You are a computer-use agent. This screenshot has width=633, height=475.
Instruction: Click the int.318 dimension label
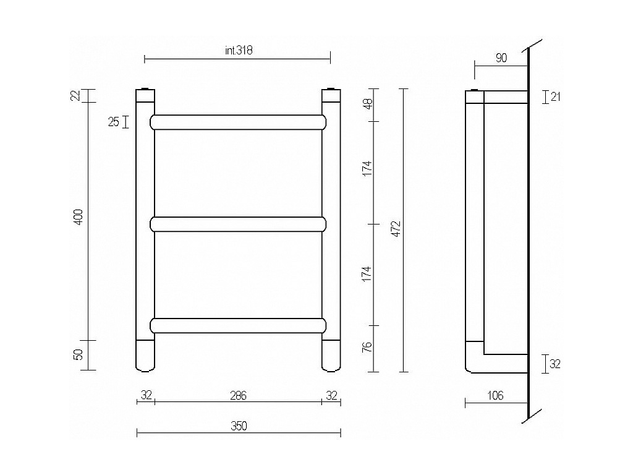point(239,51)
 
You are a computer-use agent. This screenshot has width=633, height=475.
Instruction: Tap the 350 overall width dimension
point(239,426)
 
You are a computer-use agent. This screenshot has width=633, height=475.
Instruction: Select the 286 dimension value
point(238,396)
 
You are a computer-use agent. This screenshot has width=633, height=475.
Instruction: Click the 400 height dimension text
point(79,217)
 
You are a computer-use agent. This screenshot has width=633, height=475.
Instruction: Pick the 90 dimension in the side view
point(501,58)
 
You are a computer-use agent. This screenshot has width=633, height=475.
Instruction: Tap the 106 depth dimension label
point(495,395)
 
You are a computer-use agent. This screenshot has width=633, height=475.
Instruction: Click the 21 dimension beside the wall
point(556,97)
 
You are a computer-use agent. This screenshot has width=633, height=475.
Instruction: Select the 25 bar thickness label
point(114,122)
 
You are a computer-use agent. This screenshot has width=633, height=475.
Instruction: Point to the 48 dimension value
point(367,105)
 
